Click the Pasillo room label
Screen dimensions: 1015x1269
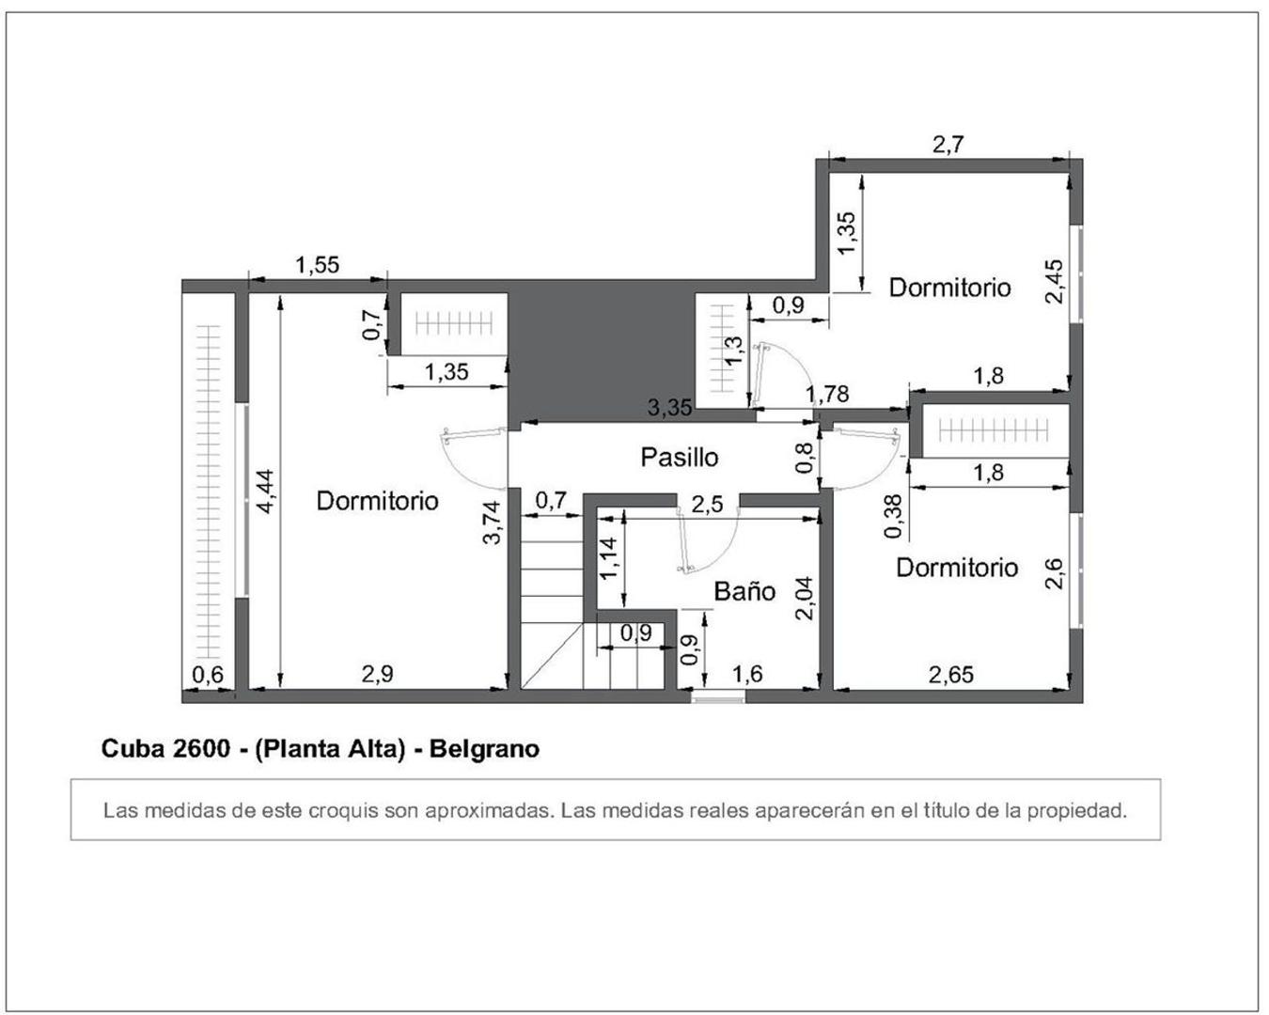tap(679, 458)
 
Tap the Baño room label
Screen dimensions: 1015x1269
tap(744, 591)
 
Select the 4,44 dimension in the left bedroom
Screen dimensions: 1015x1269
tap(266, 491)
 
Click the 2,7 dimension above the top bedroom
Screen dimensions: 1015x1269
tap(948, 145)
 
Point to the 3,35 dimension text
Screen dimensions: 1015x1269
tap(669, 408)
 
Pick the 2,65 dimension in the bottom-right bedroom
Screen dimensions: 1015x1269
tap(951, 674)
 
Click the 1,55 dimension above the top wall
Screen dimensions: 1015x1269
tap(317, 265)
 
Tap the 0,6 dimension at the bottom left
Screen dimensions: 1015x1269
tap(208, 674)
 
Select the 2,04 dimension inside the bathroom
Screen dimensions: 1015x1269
tap(804, 598)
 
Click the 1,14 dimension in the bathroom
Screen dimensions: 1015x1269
tap(608, 557)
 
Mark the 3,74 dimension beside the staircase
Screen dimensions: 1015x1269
tap(492, 523)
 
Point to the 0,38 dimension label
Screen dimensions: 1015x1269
tap(894, 517)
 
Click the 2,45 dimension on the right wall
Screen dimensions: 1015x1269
tap(1054, 281)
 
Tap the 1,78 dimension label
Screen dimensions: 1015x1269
tap(828, 395)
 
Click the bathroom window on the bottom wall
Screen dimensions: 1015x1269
tap(718, 696)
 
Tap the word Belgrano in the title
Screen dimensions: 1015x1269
tap(484, 749)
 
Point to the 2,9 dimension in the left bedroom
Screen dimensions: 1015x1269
tap(377, 674)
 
